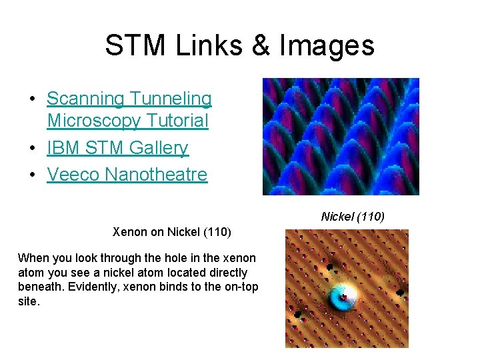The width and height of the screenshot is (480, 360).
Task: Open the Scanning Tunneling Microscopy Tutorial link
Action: pyautogui.click(x=129, y=110)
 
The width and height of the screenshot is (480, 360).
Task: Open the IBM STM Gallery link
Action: pyautogui.click(x=117, y=148)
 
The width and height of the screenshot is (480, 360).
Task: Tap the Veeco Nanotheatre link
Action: pyautogui.click(x=127, y=175)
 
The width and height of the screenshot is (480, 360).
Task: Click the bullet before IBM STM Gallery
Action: pyautogui.click(x=32, y=149)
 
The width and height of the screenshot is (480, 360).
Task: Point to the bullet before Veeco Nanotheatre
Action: pyautogui.click(x=32, y=175)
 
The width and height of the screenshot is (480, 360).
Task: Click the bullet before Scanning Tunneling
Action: pyautogui.click(x=32, y=99)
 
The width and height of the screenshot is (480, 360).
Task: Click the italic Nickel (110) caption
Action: pyautogui.click(x=353, y=217)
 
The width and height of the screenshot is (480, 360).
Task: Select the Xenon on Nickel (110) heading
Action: pyautogui.click(x=172, y=233)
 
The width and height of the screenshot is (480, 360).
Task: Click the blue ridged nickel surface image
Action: pyautogui.click(x=341, y=137)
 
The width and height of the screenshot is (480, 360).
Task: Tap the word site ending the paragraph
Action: pyautogui.click(x=29, y=302)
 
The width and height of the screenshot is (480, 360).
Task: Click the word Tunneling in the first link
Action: pyautogui.click(x=171, y=99)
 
